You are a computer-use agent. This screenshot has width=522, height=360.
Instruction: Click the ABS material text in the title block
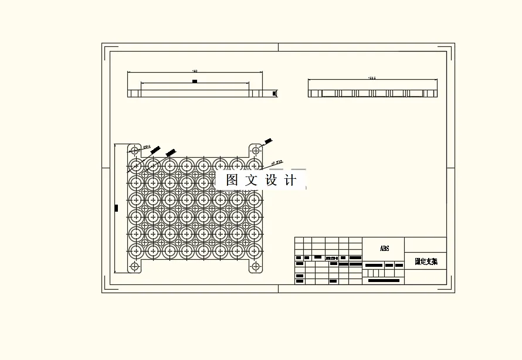click(x=384, y=249)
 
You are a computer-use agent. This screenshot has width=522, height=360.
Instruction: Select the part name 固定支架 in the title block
click(x=426, y=261)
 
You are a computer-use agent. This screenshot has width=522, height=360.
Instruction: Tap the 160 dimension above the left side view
click(x=195, y=71)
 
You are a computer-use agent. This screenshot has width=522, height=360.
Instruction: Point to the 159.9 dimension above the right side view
click(x=371, y=77)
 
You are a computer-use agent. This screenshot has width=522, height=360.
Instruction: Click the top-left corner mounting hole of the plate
click(x=134, y=150)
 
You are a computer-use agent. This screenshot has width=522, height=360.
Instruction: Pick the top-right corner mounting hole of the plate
click(x=255, y=150)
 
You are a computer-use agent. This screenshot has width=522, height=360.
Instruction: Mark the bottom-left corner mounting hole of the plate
click(x=134, y=266)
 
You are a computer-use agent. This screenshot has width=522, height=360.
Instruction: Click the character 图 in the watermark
click(x=232, y=181)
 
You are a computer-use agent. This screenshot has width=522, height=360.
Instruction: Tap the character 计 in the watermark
click(x=290, y=181)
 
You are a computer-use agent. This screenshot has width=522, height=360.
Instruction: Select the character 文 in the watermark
click(x=252, y=181)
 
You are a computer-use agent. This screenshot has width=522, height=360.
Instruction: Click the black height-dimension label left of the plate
click(x=116, y=208)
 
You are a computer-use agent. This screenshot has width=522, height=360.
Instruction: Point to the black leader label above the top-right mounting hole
click(x=268, y=141)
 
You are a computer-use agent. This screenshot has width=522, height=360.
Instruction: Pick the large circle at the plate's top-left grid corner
click(x=136, y=165)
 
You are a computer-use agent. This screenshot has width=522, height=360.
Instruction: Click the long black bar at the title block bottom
click(x=384, y=281)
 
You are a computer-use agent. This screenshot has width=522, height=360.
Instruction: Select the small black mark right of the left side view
click(x=274, y=93)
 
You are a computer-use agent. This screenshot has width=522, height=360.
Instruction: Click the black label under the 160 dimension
click(x=195, y=81)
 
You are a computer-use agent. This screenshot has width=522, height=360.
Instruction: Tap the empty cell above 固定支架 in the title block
click(x=425, y=245)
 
